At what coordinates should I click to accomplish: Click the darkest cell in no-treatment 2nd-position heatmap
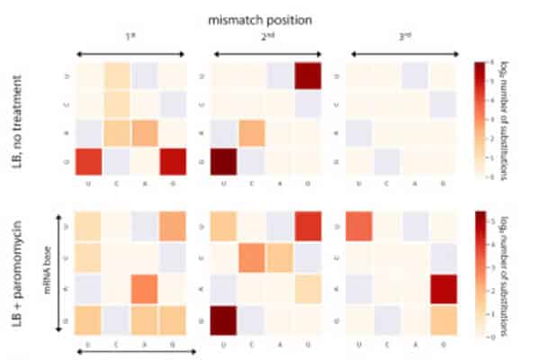tap(226, 165)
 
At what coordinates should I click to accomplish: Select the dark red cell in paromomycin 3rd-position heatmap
tap(444, 290)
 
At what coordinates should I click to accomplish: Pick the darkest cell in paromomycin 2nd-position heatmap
tap(226, 318)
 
